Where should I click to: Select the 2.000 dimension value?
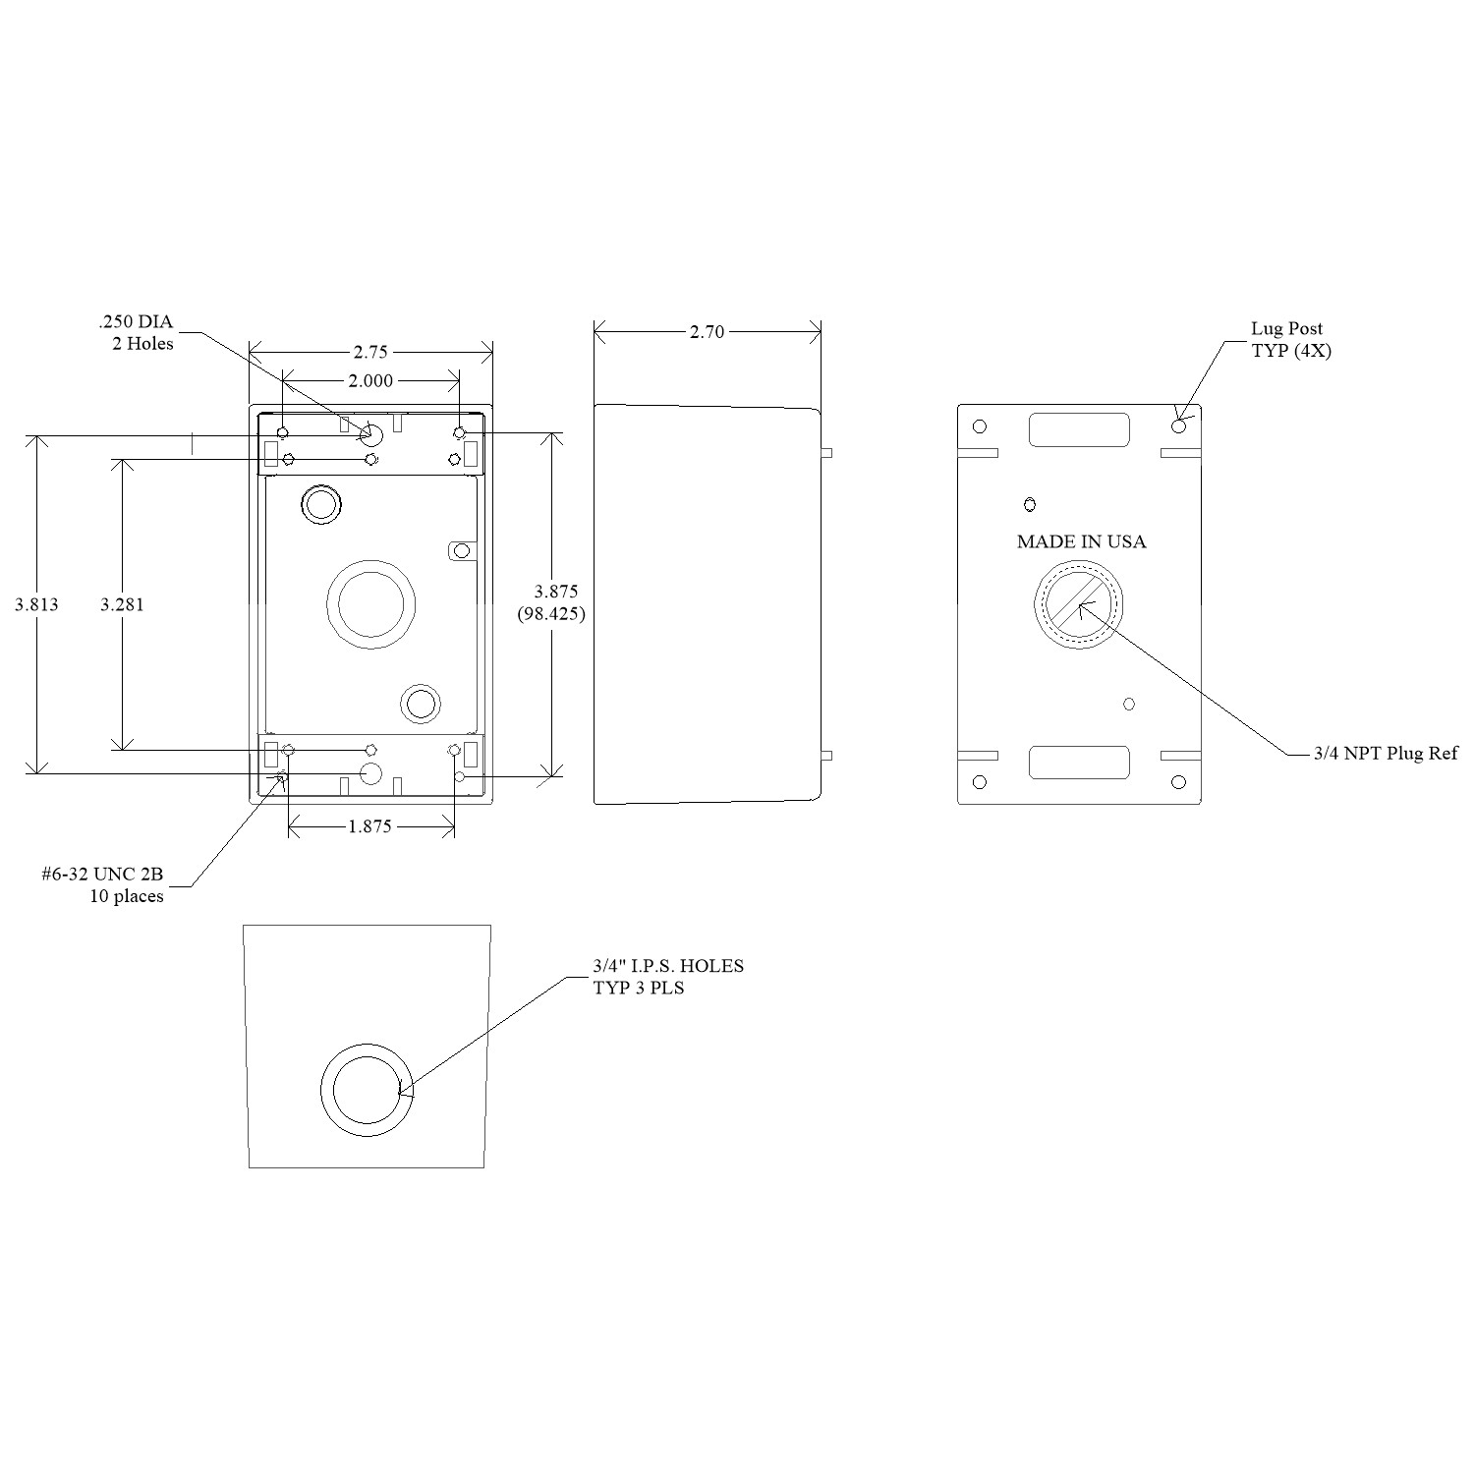click(370, 381)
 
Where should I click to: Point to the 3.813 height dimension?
click(36, 604)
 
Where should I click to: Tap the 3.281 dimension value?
click(122, 604)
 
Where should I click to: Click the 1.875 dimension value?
click(370, 826)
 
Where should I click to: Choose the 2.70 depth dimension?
click(707, 332)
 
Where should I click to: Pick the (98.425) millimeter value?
click(551, 614)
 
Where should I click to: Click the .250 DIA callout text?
click(136, 322)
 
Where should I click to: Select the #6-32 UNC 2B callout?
click(102, 875)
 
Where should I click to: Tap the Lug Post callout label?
click(1286, 328)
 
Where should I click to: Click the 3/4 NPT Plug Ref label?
click(1387, 754)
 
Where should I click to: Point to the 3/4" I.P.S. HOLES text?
click(668, 966)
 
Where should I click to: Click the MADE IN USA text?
click(1081, 541)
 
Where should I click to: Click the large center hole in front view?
click(370, 604)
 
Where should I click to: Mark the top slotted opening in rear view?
click(1079, 430)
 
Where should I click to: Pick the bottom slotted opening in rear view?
click(1079, 763)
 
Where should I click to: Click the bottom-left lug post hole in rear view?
click(979, 782)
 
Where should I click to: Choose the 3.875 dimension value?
click(556, 592)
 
